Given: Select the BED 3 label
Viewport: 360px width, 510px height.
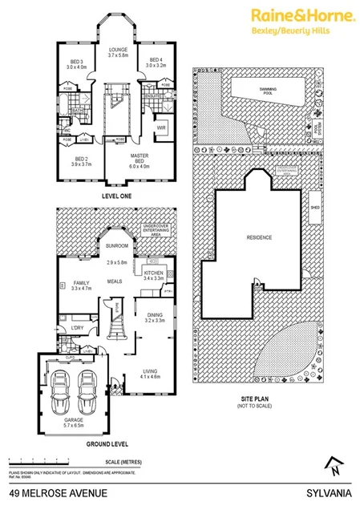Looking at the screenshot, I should point(75,63).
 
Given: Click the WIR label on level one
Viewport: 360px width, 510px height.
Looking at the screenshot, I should point(160,127).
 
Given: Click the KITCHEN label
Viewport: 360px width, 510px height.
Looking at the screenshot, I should point(152,273).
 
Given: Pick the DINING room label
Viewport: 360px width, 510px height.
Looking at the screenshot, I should point(154,315).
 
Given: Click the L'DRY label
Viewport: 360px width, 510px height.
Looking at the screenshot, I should point(78,328).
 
